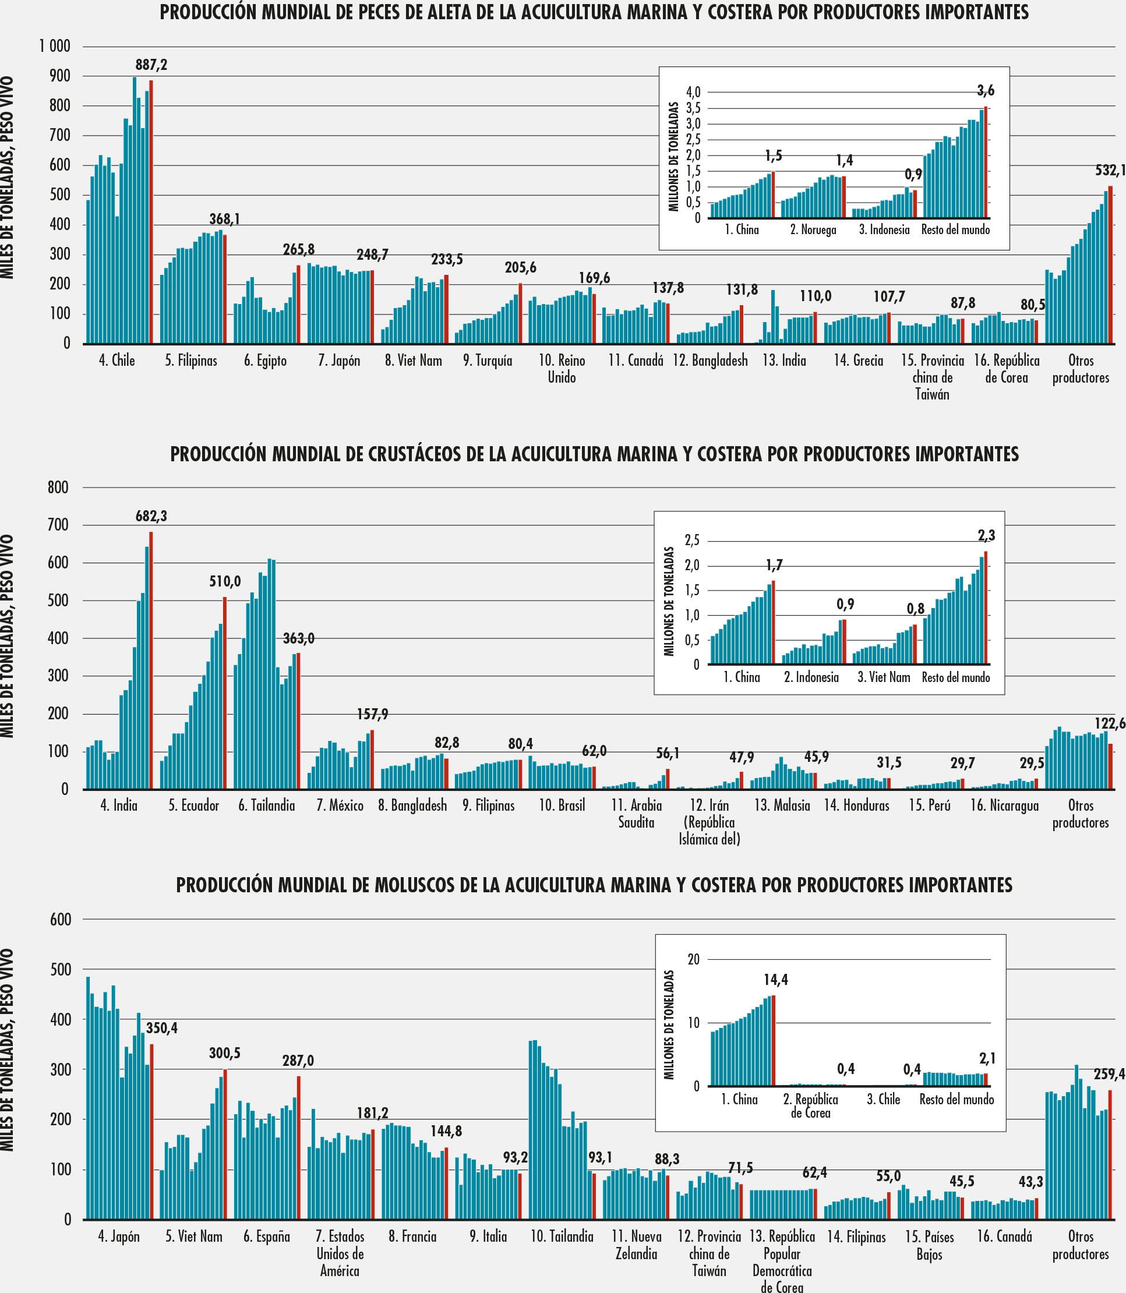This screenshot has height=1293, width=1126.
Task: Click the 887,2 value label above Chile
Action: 151,65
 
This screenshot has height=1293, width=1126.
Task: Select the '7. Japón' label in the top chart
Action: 339,361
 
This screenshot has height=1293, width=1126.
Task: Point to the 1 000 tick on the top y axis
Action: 55,47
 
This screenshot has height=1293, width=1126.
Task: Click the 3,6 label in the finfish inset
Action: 986,91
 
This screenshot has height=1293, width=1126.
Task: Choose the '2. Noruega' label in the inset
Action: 814,230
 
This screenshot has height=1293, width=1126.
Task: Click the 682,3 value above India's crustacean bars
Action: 151,517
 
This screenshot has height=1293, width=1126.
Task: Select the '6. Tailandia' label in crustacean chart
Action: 266,806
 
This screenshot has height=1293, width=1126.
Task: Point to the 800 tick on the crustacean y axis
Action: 58,487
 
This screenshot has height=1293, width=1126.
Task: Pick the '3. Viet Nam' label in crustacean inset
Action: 884,677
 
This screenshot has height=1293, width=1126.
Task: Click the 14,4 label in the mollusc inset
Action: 776,980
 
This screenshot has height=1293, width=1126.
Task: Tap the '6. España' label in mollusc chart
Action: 267,1237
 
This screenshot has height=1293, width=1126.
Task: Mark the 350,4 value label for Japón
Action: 162,1029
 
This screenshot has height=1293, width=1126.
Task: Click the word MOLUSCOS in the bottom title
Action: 415,885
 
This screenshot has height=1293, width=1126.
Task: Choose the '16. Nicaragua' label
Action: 1004,806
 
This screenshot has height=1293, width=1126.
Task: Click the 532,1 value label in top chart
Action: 1110,171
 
